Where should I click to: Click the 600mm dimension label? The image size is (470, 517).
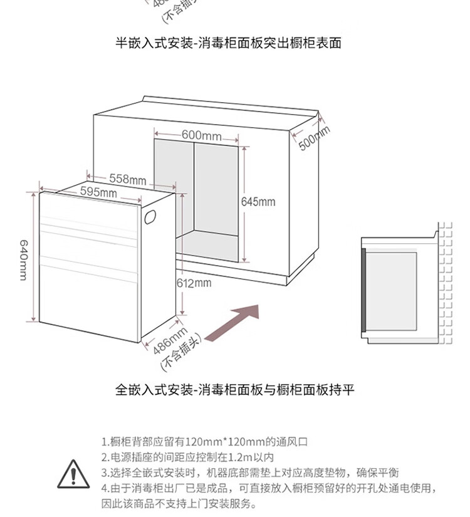[x=201, y=135]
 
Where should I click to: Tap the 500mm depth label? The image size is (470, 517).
[x=313, y=138]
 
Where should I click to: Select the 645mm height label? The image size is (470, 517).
[x=258, y=202]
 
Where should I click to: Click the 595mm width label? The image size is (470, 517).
[x=98, y=192]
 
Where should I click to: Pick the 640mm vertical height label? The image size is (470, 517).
[x=23, y=260]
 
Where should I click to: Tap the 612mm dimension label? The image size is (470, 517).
[x=194, y=283]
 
